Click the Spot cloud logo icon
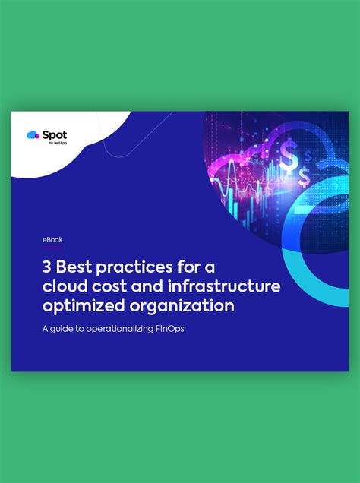32,135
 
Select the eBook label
52,239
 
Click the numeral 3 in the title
47,267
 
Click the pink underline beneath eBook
52,248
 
